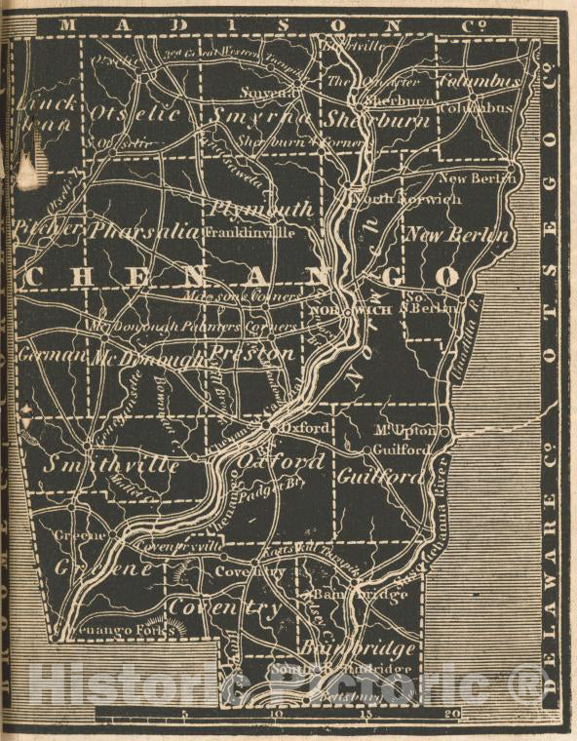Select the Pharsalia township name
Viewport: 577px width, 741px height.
[144, 232]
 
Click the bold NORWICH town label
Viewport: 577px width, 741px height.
[351, 310]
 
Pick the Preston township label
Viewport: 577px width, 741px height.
[253, 353]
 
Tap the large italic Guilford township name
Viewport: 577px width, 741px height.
[381, 477]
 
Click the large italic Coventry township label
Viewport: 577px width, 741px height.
[225, 606]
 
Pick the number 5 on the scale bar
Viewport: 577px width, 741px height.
[184, 713]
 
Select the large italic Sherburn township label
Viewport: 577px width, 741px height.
[378, 120]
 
